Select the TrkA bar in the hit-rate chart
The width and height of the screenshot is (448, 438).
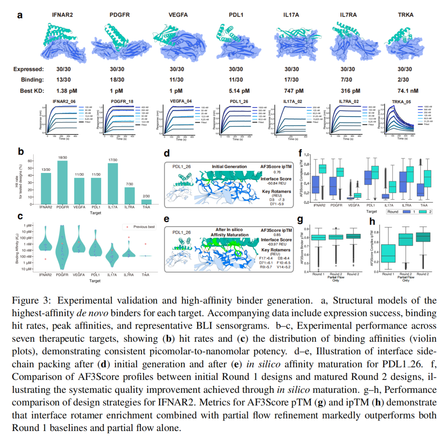[x=144, y=202]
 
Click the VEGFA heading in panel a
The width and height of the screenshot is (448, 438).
[x=178, y=15]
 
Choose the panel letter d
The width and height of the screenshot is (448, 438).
[x=166, y=153]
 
